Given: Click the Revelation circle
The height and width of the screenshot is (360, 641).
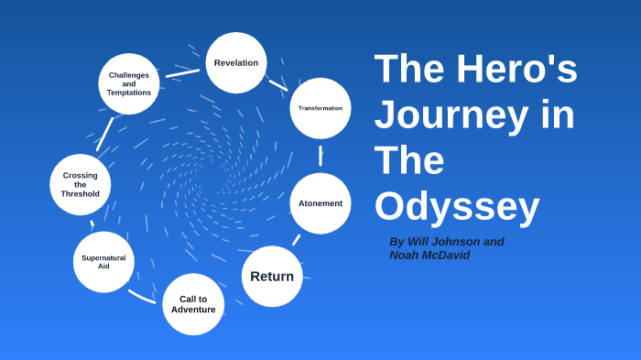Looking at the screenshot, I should tap(236, 63).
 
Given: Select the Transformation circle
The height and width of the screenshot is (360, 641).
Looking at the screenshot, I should tap(320, 108).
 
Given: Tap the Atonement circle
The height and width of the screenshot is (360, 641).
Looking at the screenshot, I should tap(320, 203).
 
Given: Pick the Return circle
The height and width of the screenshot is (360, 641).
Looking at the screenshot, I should tap(272, 276).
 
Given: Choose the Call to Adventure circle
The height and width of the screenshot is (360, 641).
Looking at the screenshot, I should tap(193, 304).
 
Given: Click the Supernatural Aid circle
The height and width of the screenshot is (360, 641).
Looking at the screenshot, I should tap(103, 262).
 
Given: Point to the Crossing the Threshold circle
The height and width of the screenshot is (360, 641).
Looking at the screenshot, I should tap(81, 185).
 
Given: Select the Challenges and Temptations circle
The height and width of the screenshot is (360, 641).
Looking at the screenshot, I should tap(129, 84).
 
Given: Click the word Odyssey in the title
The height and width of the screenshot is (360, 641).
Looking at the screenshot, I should tap(457, 206).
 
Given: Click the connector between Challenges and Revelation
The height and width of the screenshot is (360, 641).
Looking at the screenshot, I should tap(183, 72).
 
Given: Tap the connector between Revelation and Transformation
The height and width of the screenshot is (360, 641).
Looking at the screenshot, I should tap(277, 84).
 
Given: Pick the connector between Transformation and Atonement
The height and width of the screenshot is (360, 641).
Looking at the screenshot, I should tap(320, 155).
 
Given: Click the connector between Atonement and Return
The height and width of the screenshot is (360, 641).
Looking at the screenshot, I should tap(297, 240).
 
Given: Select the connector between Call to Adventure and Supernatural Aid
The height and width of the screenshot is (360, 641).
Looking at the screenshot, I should tap(142, 296).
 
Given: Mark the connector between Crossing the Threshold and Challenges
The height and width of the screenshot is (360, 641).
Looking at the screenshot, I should tap(105, 134).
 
